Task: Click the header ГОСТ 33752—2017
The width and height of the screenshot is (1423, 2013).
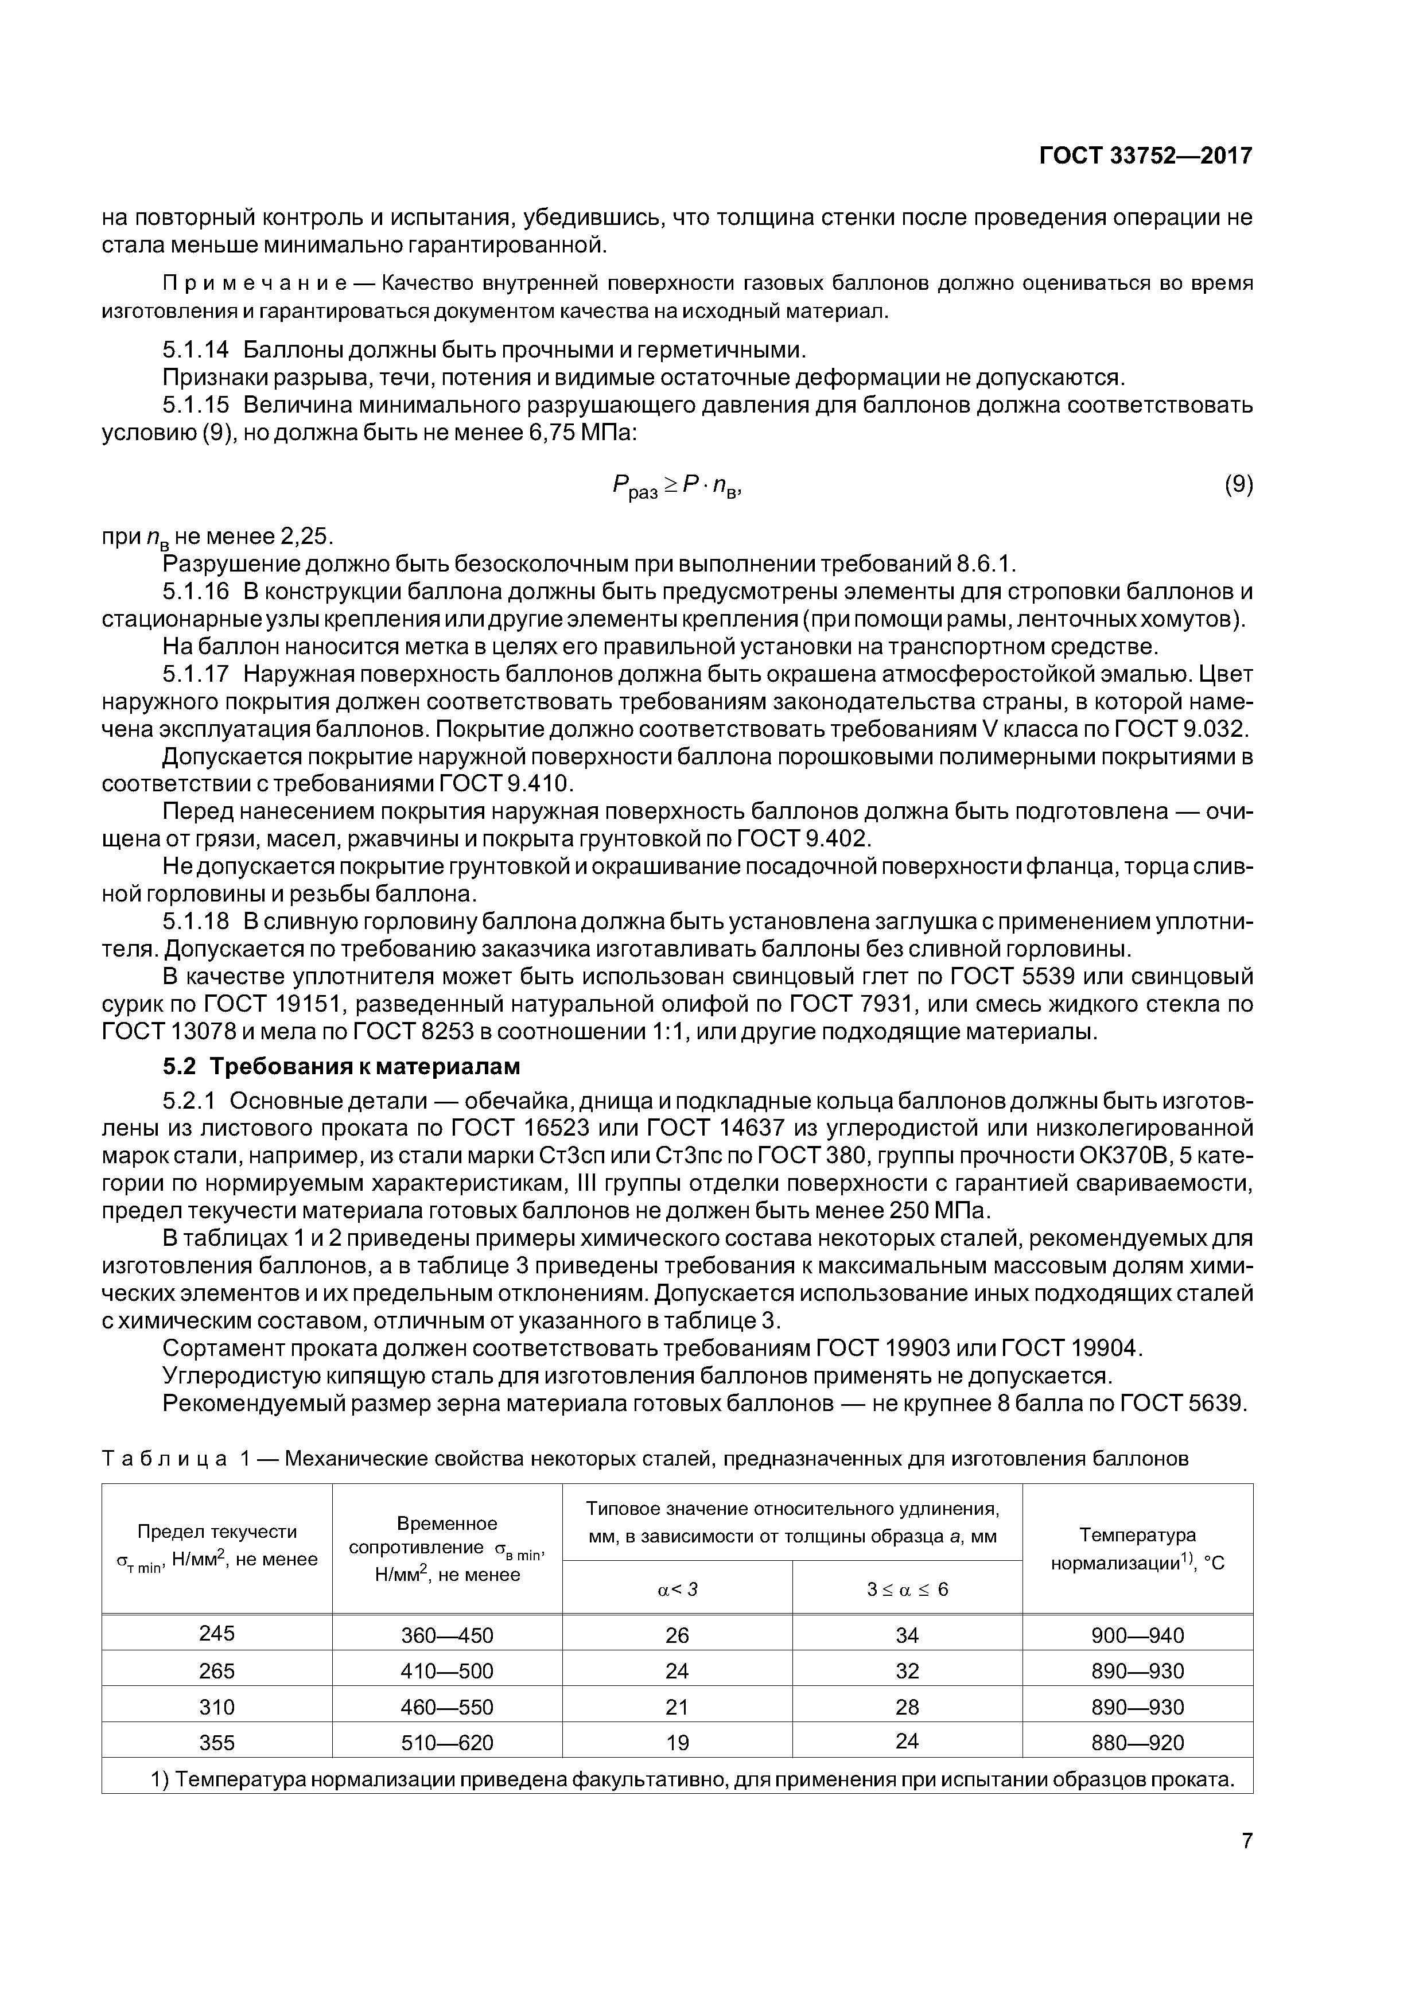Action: [1146, 156]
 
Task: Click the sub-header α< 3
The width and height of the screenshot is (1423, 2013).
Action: [677, 1589]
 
